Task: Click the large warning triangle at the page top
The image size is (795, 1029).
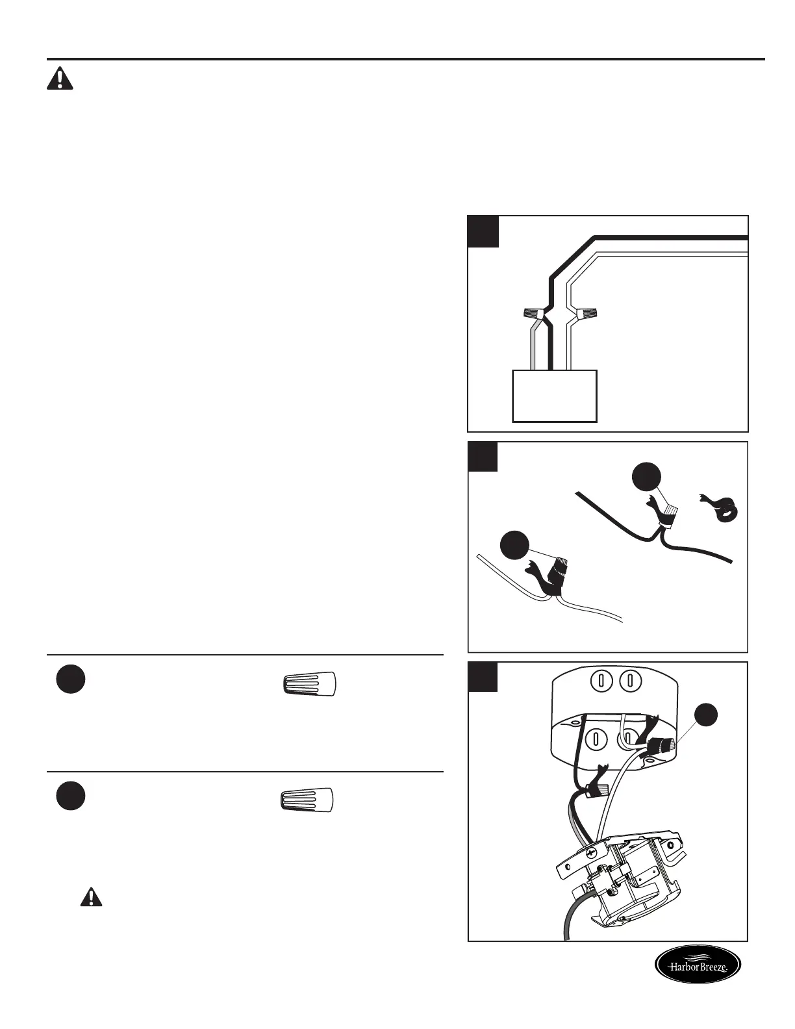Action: pyautogui.click(x=60, y=79)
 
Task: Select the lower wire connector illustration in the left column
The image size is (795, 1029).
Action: pyautogui.click(x=307, y=800)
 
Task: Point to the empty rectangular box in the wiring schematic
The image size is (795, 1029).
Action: pyautogui.click(x=554, y=396)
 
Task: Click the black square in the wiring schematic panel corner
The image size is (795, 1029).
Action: pyautogui.click(x=483, y=231)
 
